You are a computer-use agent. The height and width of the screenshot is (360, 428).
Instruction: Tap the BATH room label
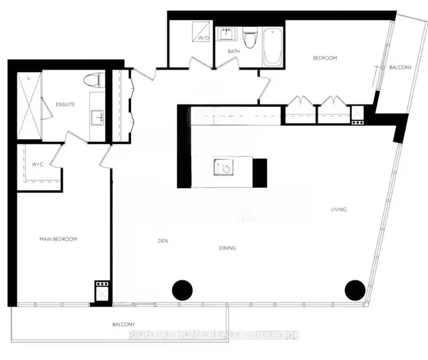click(x=233, y=51)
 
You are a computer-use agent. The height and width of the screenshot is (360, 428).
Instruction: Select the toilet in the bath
click(x=251, y=38)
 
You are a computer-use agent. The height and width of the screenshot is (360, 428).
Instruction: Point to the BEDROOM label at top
click(x=325, y=58)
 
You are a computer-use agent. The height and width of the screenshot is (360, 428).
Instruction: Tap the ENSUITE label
click(x=65, y=104)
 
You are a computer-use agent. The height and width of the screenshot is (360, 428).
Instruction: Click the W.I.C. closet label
click(x=38, y=164)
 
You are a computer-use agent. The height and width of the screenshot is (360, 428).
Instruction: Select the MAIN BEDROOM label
click(x=58, y=239)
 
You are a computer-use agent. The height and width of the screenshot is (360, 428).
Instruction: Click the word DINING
click(x=227, y=248)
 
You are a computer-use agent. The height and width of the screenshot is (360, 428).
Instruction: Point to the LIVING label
click(x=338, y=209)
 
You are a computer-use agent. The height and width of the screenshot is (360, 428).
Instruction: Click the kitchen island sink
click(x=222, y=167)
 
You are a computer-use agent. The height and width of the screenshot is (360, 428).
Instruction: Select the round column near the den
click(x=182, y=290)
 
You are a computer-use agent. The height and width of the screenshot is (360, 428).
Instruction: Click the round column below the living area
click(x=354, y=290)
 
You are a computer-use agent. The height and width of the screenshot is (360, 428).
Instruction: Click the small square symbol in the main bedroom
click(x=102, y=292)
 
